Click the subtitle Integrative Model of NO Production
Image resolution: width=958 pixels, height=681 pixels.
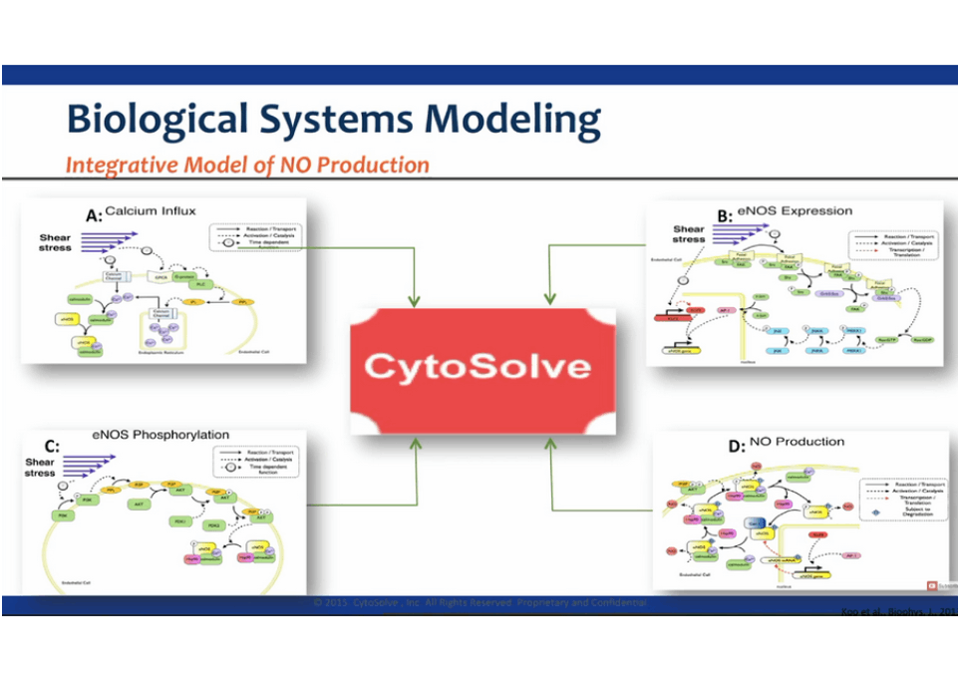coord(247,165)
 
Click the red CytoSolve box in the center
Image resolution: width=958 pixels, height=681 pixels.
coord(482,367)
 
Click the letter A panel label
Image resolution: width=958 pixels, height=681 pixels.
coord(93,213)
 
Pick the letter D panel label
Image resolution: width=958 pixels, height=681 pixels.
coord(737,446)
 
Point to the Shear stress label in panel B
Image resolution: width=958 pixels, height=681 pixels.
coord(689,234)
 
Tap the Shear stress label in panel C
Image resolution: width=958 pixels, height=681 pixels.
coord(41,468)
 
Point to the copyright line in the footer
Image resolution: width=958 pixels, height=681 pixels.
coord(479,603)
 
